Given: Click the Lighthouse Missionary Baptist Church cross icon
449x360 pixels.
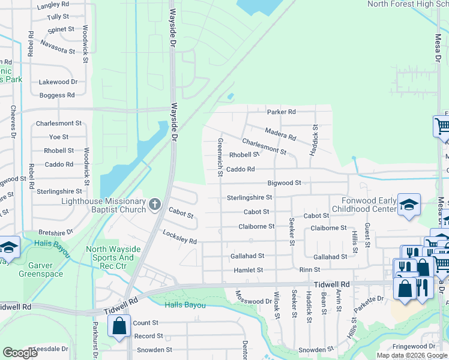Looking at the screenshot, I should tap(155, 205).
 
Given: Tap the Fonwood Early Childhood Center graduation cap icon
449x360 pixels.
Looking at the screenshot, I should tap(409, 205).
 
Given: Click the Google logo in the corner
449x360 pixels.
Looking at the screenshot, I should tap(20, 353).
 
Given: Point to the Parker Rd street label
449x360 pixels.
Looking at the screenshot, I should tap(281, 112).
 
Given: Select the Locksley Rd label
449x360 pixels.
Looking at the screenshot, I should tap(179, 238).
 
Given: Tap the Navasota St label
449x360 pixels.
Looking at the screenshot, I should tap(58, 47).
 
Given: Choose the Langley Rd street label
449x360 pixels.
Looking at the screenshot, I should tap(53, 6).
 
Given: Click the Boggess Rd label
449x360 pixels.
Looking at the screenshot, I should tap(57, 95).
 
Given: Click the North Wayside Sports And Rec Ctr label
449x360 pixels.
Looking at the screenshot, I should tap(113, 254).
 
